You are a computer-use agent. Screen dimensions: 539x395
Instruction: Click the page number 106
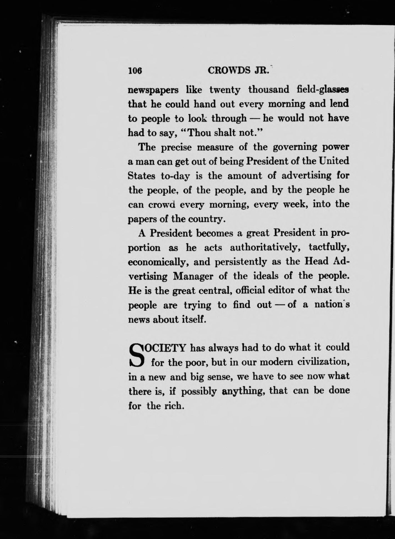pyautogui.click(x=135, y=71)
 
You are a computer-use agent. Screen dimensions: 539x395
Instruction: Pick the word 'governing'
pyautogui.click(x=291, y=147)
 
